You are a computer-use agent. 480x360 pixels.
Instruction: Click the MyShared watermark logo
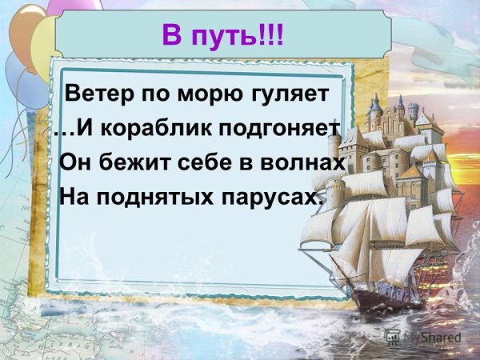[423, 338]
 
